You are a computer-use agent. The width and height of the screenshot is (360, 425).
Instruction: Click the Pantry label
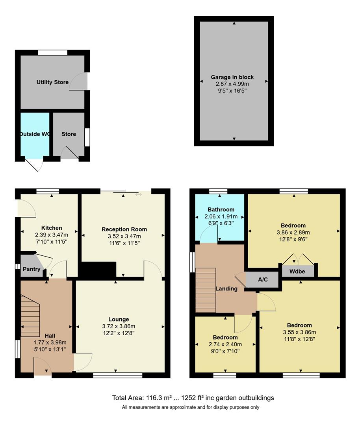click(32, 269)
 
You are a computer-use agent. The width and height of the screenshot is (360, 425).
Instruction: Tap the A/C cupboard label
click(263, 279)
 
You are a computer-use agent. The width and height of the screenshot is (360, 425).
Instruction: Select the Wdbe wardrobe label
click(297, 271)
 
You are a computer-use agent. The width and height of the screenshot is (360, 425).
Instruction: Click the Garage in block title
click(232, 77)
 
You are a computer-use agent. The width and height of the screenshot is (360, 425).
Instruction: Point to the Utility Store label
click(53, 82)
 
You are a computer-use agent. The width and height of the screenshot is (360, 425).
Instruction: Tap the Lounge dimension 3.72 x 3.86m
click(119, 326)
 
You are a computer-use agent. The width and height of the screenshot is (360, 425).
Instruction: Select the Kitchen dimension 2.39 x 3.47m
click(52, 235)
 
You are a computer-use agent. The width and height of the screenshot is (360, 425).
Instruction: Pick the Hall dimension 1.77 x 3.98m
click(50, 342)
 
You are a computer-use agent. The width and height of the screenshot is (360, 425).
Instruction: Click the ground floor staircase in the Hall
click(30, 316)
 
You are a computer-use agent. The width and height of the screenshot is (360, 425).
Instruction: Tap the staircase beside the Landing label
click(206, 290)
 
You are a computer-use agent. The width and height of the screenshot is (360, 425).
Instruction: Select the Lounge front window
click(117, 375)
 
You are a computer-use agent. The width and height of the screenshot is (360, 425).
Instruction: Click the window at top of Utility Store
click(53, 53)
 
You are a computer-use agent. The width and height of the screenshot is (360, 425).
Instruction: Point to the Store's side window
click(87, 137)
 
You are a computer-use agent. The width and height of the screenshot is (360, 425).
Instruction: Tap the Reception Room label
click(124, 229)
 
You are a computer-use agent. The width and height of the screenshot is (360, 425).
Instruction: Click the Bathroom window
click(218, 191)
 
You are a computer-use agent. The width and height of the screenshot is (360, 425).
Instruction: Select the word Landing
click(226, 289)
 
